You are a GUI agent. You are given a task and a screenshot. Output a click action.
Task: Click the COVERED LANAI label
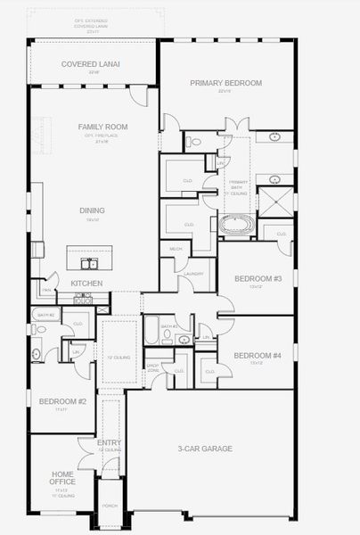click(x=91, y=64)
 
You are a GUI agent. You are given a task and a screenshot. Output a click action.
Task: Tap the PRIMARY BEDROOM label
click(x=225, y=83)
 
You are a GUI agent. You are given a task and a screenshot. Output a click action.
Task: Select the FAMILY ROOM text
click(x=103, y=127)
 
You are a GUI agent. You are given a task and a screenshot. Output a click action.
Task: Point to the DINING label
click(x=92, y=210)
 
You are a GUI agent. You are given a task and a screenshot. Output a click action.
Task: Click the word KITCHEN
click(x=86, y=284)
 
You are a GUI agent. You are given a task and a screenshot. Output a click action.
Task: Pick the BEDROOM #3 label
click(x=258, y=279)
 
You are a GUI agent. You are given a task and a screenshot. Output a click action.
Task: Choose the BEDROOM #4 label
click(x=257, y=356)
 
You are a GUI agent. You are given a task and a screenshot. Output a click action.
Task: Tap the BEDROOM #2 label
click(x=62, y=401)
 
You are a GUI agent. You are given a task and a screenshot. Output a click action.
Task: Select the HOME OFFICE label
click(x=61, y=478)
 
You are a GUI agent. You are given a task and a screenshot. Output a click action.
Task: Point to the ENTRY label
click(x=109, y=442)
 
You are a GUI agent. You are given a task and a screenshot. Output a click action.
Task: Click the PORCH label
click(x=110, y=506)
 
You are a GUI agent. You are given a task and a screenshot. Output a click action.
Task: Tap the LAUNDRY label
click(x=196, y=274)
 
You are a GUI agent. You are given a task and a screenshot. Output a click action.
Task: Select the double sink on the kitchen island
click(x=89, y=263)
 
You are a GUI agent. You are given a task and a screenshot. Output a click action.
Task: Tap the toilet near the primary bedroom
click(x=194, y=141)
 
